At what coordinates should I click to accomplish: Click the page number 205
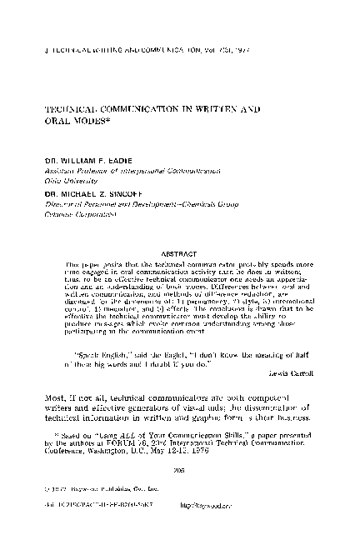pos(179,469)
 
